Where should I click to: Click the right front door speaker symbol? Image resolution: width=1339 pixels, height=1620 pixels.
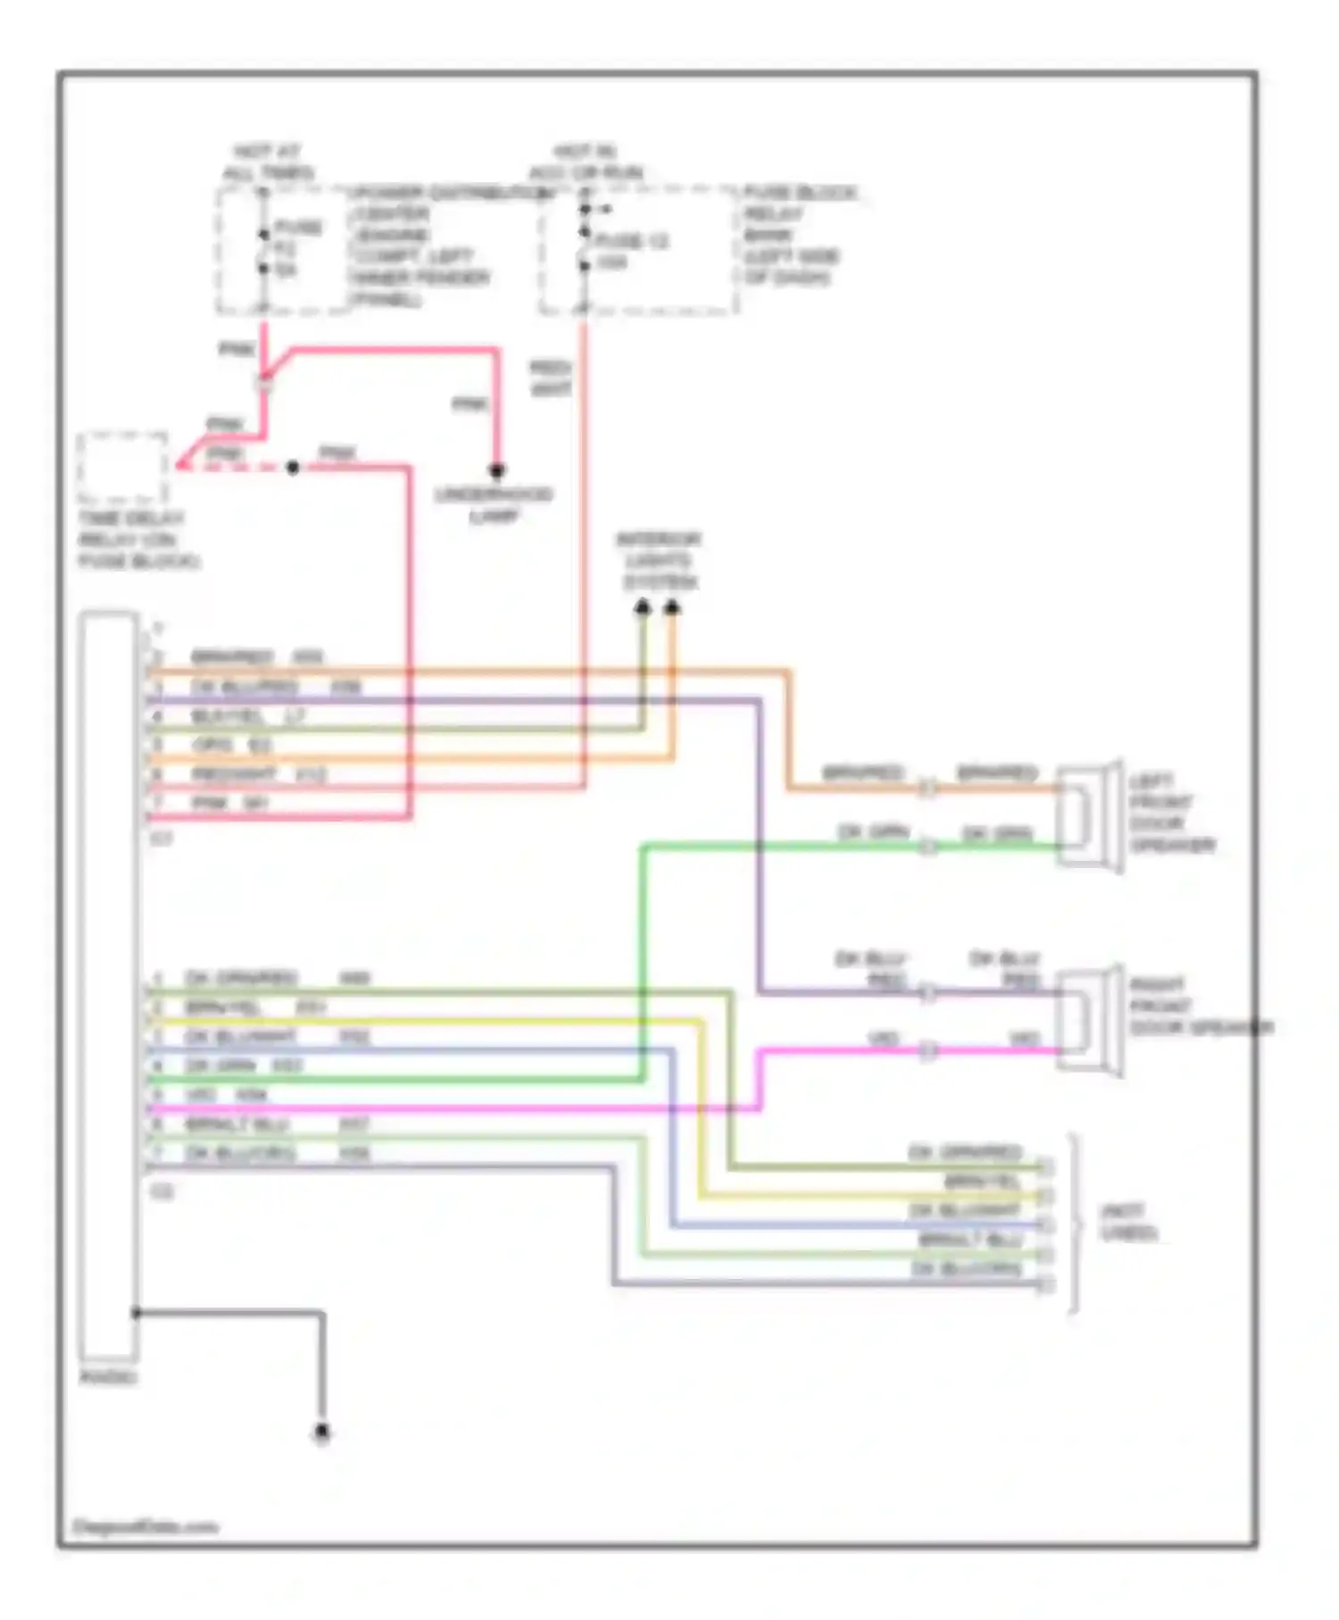click(x=1090, y=1020)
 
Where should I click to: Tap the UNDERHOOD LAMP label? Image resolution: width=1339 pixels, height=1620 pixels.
click(x=494, y=505)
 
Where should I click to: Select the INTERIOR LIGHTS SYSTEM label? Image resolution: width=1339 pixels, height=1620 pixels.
click(x=659, y=561)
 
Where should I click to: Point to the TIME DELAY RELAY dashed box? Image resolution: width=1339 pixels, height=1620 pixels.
click(x=122, y=468)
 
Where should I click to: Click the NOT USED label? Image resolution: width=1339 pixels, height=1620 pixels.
click(x=1128, y=1223)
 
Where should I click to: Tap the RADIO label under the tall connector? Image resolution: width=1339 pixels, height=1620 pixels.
click(x=108, y=1377)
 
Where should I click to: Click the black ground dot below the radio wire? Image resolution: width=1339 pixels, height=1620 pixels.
click(x=322, y=1433)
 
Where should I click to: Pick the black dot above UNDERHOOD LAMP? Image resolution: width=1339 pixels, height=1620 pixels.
click(x=497, y=471)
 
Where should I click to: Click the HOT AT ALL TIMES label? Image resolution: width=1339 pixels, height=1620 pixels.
click(x=267, y=163)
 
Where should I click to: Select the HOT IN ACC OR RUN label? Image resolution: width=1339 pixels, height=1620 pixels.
click(x=586, y=163)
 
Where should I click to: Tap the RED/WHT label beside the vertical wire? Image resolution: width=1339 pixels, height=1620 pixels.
click(x=550, y=379)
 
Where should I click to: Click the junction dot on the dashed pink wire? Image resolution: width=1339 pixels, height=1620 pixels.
click(x=292, y=467)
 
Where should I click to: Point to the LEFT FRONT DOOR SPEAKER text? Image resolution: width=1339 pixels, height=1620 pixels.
click(x=1171, y=813)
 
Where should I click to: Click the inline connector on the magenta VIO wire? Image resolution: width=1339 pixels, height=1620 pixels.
click(x=928, y=1050)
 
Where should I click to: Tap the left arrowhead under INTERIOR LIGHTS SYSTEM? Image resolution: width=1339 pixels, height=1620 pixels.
click(x=643, y=607)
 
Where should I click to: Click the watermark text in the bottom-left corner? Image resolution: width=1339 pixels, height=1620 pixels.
click(x=145, y=1527)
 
